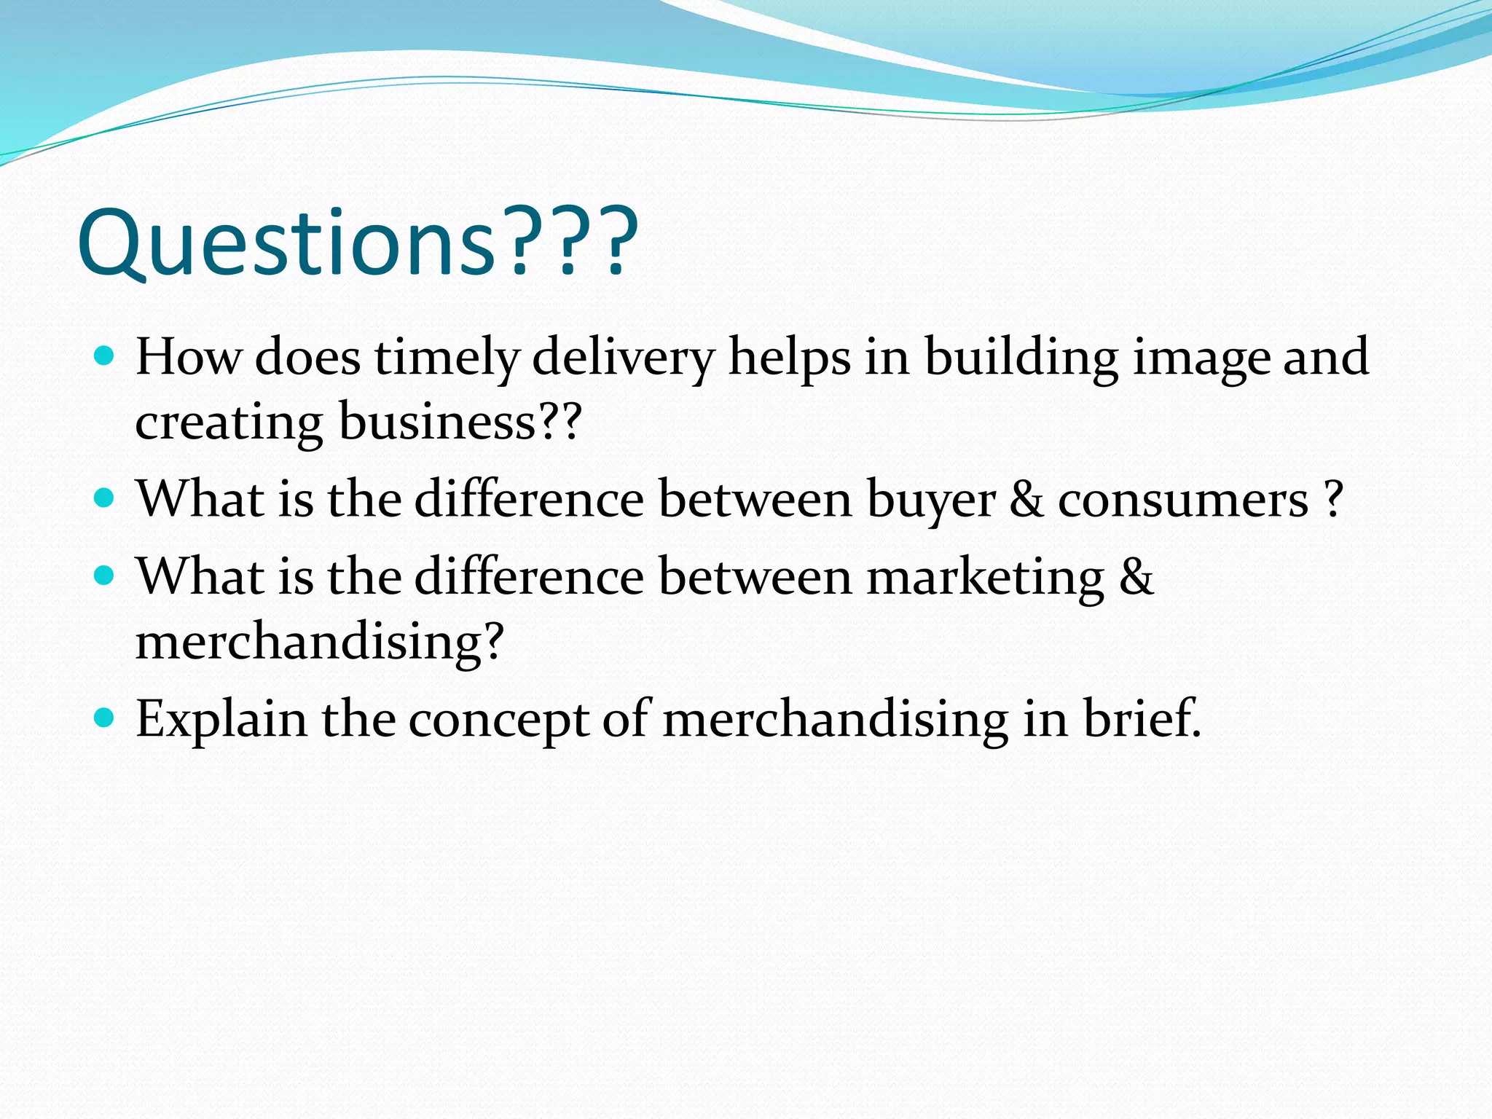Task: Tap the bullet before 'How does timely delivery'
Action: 105,356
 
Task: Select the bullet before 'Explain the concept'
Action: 105,718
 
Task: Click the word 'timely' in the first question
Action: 447,358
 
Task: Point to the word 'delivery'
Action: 624,358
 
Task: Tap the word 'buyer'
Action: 931,501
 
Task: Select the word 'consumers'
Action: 1183,501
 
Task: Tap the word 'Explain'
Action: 221,720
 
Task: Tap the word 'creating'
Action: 229,423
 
